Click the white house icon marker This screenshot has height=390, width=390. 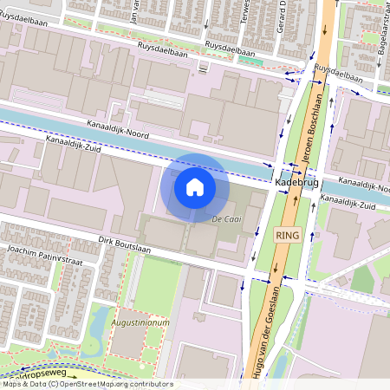click(x=195, y=186)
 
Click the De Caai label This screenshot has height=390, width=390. click(x=226, y=220)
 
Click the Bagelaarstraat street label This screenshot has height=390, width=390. click(x=380, y=40)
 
